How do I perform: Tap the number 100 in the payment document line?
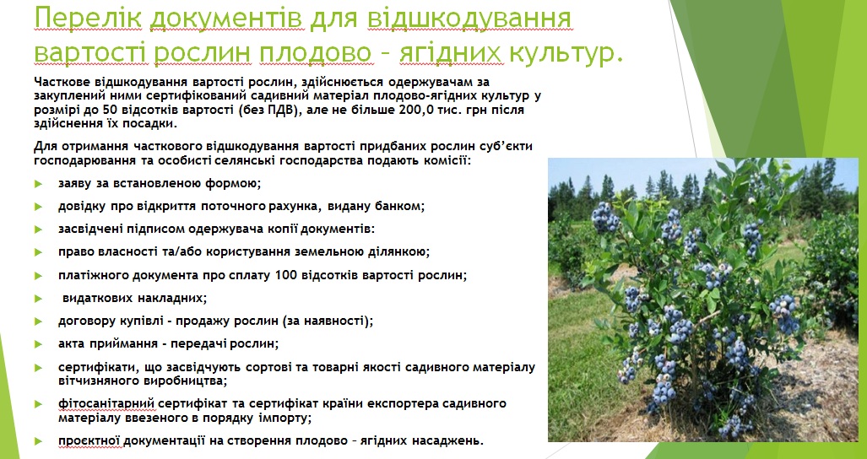click(282, 275)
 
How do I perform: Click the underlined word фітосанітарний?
click(106, 404)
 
